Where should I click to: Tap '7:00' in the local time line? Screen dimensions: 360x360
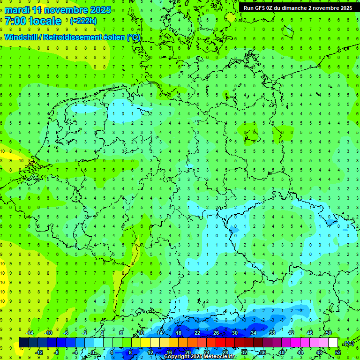(15, 21)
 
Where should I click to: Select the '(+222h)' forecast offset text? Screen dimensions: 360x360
(83, 21)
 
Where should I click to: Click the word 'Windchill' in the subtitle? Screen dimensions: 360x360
(22, 37)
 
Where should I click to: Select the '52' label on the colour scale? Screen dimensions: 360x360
(338, 352)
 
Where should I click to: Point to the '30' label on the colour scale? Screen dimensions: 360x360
(234, 333)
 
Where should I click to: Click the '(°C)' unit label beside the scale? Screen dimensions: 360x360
(349, 343)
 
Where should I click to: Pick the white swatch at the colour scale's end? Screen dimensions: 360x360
(333, 343)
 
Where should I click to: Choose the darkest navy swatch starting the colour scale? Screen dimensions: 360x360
(23, 343)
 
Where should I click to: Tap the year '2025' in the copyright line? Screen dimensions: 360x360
(193, 357)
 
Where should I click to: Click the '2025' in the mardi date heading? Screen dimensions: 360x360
(99, 10)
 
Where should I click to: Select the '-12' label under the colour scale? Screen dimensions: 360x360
(39, 352)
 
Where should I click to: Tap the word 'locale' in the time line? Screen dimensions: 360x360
(45, 21)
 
